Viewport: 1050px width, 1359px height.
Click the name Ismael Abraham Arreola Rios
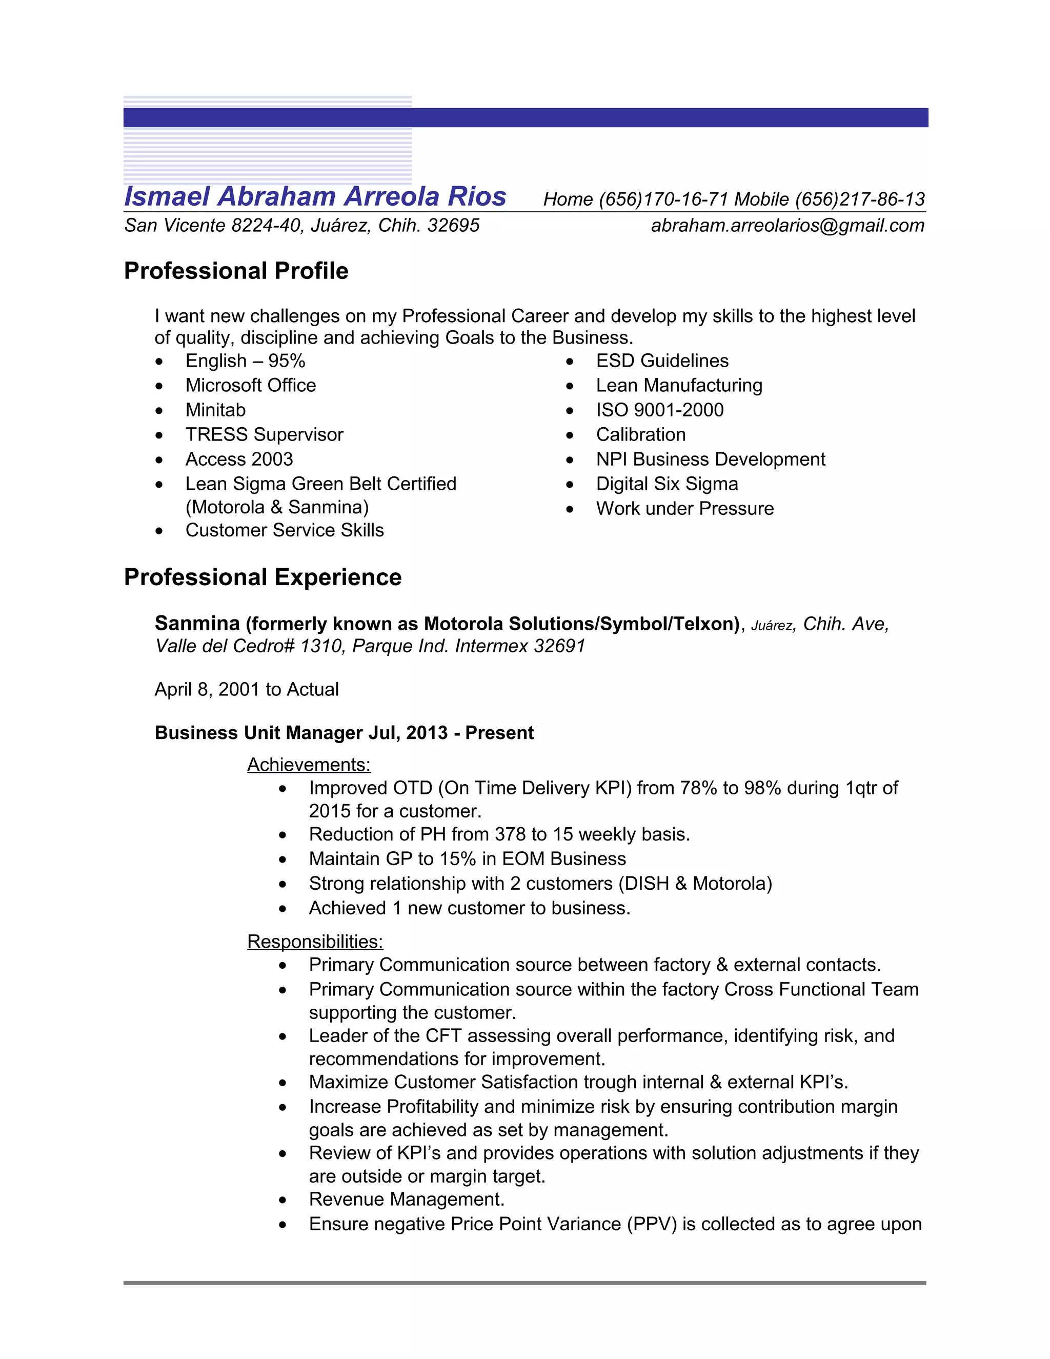[315, 196]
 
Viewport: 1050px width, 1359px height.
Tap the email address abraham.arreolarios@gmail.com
[787, 225]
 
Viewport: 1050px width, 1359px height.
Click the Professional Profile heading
[236, 271]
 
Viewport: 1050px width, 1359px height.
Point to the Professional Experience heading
[262, 577]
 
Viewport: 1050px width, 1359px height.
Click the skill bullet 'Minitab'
[215, 410]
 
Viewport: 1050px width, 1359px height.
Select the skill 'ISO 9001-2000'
[659, 410]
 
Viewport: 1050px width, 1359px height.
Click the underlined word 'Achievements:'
[309, 765]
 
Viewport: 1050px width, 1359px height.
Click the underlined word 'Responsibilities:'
[315, 942]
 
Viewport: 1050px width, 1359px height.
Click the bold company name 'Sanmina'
[197, 624]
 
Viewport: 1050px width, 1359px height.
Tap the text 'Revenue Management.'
[406, 1199]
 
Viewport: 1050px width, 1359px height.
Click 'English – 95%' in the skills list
[245, 361]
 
